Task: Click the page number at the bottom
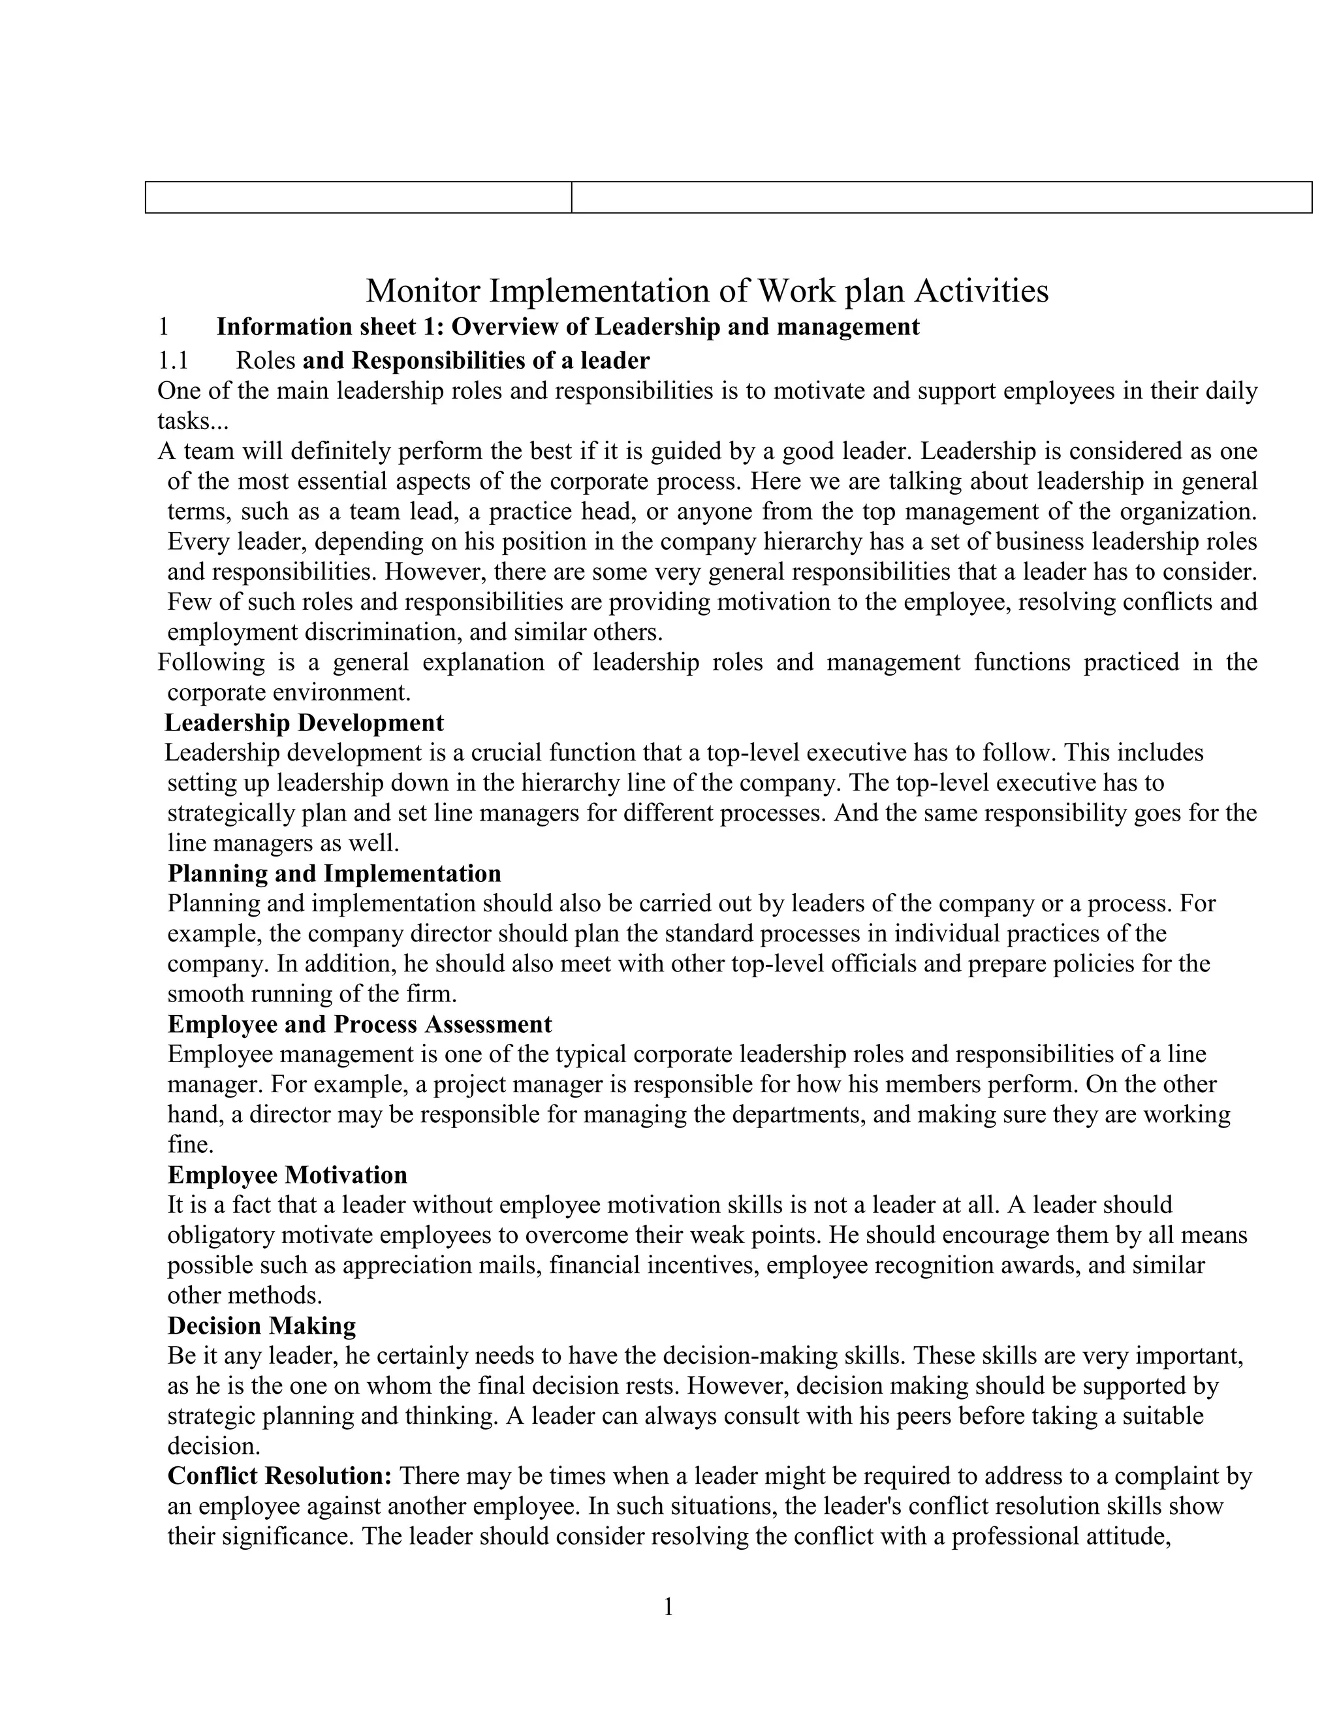668,1607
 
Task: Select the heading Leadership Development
304,723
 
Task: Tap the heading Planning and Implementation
334,873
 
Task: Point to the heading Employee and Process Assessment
360,1024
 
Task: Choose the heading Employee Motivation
287,1174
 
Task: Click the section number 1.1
172,361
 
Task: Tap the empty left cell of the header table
358,197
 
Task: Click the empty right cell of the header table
941,197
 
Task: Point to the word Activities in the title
981,292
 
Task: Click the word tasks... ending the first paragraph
193,422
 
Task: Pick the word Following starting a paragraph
211,661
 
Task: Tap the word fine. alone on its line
190,1144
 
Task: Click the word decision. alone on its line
214,1447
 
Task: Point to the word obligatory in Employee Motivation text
220,1235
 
